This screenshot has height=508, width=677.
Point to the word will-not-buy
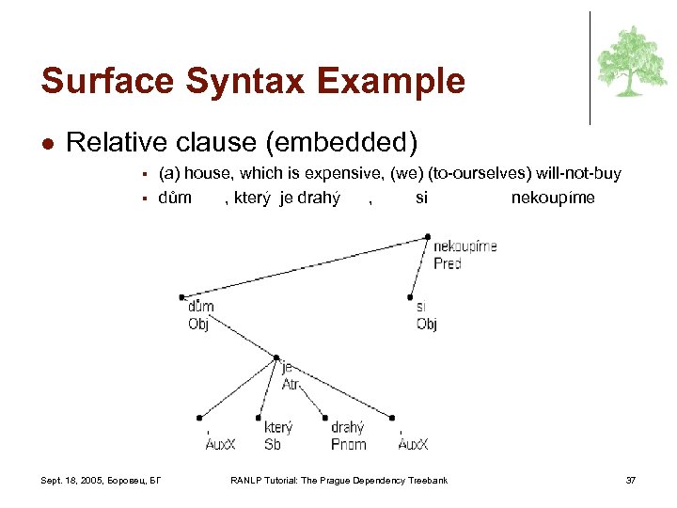click(576, 174)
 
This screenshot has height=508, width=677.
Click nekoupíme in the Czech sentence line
click(552, 198)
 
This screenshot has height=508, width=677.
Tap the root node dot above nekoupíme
click(428, 236)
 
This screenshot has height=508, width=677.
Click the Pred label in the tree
click(447, 264)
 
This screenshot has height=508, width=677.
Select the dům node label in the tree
click(200, 306)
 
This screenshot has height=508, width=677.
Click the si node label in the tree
click(422, 307)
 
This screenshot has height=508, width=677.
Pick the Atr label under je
click(291, 384)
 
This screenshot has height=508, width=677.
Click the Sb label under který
click(272, 444)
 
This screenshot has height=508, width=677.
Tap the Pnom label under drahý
click(348, 444)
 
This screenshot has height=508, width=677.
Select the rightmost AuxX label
click(413, 444)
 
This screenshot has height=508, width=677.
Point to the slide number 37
click(631, 482)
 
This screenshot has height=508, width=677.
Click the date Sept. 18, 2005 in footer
click(74, 482)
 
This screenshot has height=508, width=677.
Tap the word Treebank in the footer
click(428, 482)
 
